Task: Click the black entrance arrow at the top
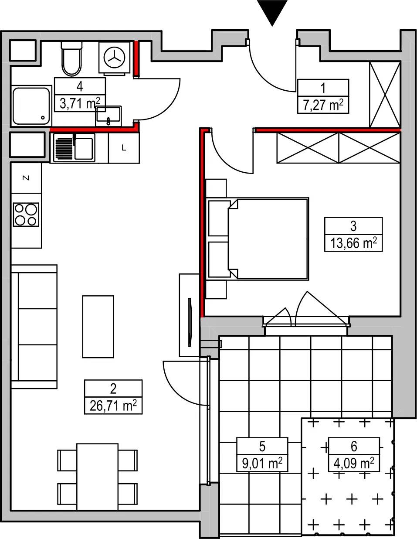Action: (272, 11)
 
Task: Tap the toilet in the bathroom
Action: (71, 58)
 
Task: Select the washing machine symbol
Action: (115, 58)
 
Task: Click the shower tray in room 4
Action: (31, 106)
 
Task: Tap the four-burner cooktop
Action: (26, 215)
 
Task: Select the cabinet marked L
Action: (124, 148)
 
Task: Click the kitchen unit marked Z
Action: (26, 177)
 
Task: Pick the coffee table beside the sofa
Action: (98, 327)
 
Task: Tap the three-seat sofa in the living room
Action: (34, 327)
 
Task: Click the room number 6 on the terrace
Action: (354, 446)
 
